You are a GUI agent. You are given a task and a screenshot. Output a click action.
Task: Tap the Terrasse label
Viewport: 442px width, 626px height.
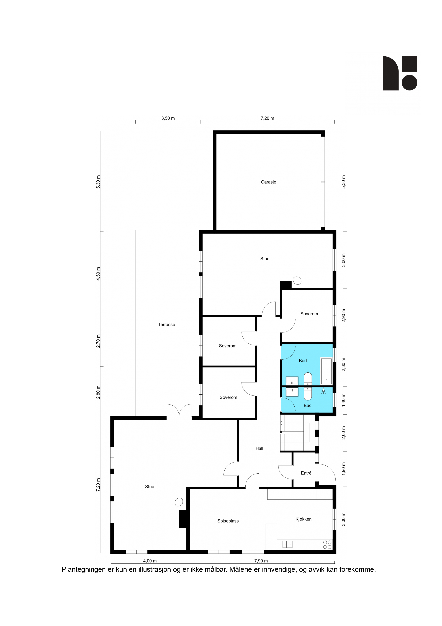click(166, 324)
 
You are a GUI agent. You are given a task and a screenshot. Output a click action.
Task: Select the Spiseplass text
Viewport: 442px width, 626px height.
click(228, 521)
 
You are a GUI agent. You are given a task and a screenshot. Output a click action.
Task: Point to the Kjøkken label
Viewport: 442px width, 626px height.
click(303, 519)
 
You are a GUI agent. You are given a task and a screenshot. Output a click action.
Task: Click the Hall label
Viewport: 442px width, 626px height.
click(259, 448)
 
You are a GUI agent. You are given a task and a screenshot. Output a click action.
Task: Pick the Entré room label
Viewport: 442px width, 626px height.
click(306, 473)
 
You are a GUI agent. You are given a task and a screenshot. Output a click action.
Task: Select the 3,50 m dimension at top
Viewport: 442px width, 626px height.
click(168, 118)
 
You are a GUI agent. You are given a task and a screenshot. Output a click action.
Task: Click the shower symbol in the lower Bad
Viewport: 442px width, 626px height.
click(323, 391)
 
